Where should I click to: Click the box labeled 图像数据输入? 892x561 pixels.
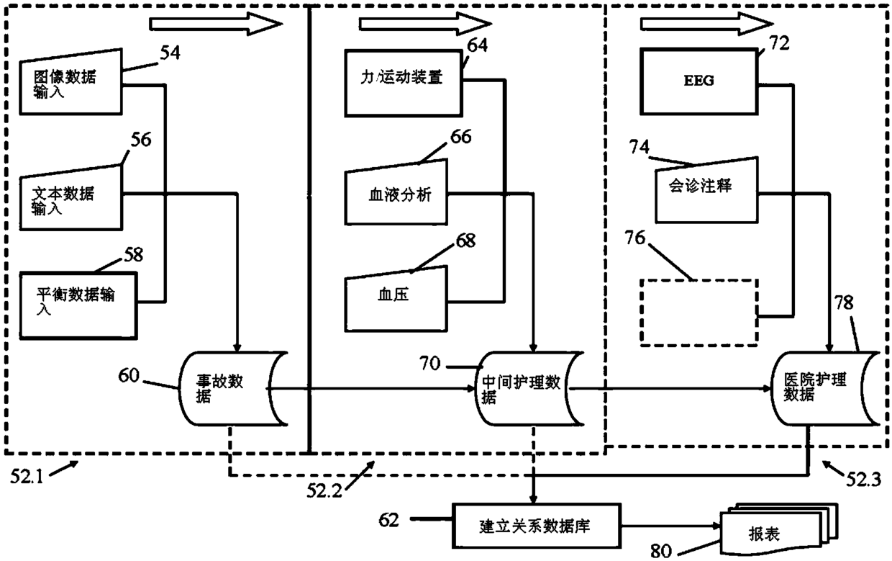coord(71,83)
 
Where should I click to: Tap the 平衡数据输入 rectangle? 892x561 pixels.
coord(78,306)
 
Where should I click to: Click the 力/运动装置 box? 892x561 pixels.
coord(404,83)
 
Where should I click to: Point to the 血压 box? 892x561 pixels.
coord(396,299)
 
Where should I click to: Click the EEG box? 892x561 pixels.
coord(699,81)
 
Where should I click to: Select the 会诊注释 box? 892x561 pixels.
coord(706,190)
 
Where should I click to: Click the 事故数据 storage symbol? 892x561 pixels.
coord(233,389)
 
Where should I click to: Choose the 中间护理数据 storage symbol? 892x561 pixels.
coord(529,389)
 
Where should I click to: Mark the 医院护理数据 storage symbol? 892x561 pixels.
coord(825,389)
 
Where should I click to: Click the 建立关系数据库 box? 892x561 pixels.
coord(537,526)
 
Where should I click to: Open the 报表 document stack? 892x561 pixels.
coord(779,531)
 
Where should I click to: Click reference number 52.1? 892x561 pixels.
coord(27,477)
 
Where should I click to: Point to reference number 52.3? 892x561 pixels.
coord(863,480)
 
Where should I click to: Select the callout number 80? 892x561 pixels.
coord(661,551)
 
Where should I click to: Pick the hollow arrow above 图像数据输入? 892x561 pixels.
coord(216,24)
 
